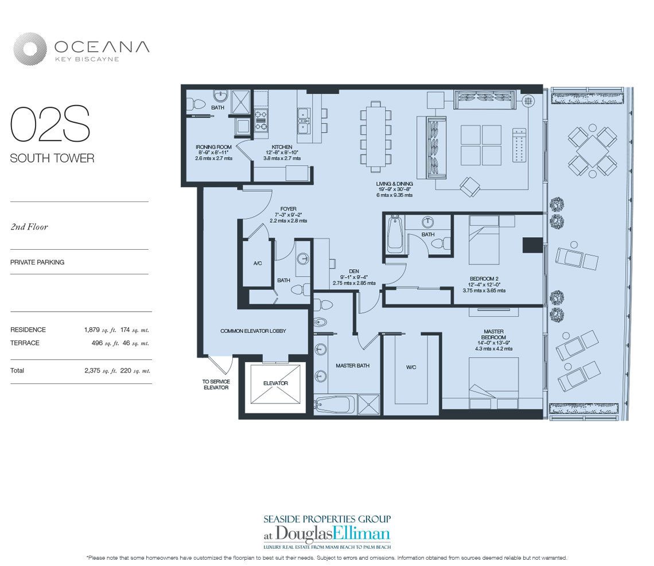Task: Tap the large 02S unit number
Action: pyautogui.click(x=50, y=125)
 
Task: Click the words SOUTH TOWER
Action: pyautogui.click(x=52, y=158)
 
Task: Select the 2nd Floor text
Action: pyautogui.click(x=29, y=227)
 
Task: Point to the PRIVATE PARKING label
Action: pyautogui.click(x=37, y=262)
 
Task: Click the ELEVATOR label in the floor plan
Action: pyautogui.click(x=275, y=383)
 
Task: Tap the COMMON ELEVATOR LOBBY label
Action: pyautogui.click(x=253, y=331)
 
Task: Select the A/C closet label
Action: pyautogui.click(x=257, y=263)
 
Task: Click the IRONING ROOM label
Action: pyautogui.click(x=213, y=147)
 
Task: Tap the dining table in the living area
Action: pyautogui.click(x=376, y=135)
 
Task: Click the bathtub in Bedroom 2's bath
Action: pyautogui.click(x=394, y=234)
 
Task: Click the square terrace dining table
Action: pyautogui.click(x=592, y=152)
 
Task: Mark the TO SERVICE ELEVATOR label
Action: pyautogui.click(x=216, y=385)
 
